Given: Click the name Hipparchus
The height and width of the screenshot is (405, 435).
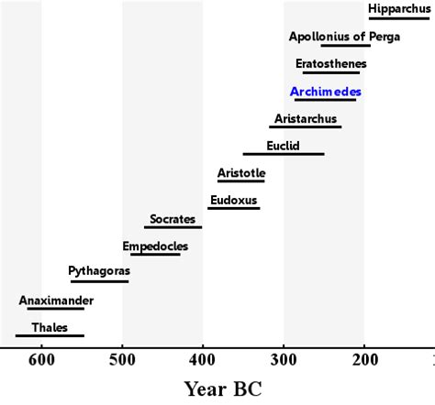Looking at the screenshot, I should point(398,10).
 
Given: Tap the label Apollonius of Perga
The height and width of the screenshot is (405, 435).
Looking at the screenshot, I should point(329,37).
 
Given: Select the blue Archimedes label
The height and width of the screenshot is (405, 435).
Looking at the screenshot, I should point(325,92).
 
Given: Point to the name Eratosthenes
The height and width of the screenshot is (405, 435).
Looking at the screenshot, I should point(330,64).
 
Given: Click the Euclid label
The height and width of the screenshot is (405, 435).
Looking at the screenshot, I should point(283,145).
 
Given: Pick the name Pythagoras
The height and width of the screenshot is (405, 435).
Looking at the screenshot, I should point(99,272).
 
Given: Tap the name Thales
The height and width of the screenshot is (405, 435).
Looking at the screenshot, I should point(50,327).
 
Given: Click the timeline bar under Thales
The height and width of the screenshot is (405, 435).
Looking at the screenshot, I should point(50,336).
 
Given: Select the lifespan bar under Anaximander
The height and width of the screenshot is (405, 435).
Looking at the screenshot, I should point(55,309).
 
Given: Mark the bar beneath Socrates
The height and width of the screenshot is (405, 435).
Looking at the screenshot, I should point(173,227).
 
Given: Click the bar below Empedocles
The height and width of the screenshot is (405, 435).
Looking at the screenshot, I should point(155,254).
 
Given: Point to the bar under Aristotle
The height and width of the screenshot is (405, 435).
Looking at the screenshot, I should point(240,181).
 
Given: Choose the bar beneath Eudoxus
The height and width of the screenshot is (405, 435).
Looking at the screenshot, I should point(233,208).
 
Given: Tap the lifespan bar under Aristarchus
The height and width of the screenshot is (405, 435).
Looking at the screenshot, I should point(305,126).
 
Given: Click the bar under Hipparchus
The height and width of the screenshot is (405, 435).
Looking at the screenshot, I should point(398,18).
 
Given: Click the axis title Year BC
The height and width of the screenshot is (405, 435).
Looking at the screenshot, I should point(223,389).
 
